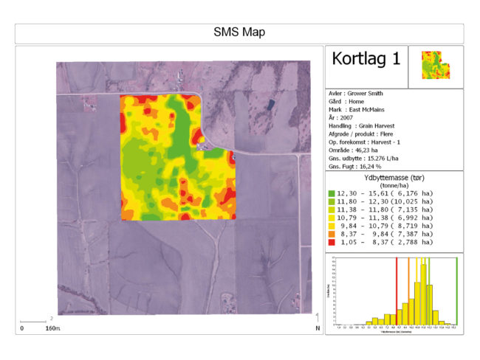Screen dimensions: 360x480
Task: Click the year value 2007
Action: [x=347, y=118]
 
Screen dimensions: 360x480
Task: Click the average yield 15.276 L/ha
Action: [x=380, y=159]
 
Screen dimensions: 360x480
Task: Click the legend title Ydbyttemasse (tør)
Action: [x=394, y=178]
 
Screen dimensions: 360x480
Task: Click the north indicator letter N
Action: [x=317, y=328]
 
